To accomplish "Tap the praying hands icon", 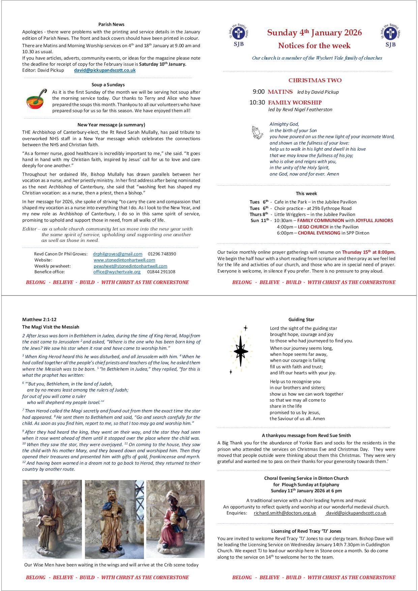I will tap(258, 132).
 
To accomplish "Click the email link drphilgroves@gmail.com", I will tap(118, 254).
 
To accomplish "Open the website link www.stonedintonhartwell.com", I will tap(124, 260).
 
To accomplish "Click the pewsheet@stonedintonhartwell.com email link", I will tap(130, 266).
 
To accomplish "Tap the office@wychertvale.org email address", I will tap(117, 272).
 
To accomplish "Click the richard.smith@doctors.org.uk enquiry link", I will tap(285, 513).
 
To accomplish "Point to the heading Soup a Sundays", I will tap(108, 85).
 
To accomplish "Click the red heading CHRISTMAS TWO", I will tap(315, 80).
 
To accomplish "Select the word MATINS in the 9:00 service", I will tap(280, 92).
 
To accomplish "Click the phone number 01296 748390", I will tap(162, 254).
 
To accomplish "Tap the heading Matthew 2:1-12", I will tap(37, 319).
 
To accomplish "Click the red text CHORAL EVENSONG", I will tap(319, 233).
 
